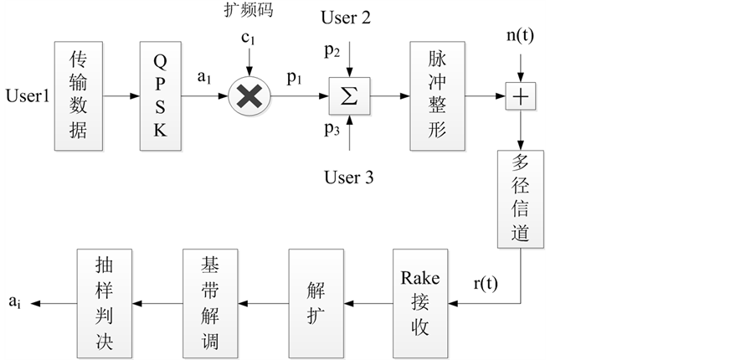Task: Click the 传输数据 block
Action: click(x=78, y=95)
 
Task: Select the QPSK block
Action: click(x=161, y=95)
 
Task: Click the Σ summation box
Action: click(x=349, y=96)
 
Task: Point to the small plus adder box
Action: click(x=521, y=97)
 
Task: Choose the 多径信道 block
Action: click(x=521, y=198)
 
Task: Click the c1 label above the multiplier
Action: click(x=248, y=37)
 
